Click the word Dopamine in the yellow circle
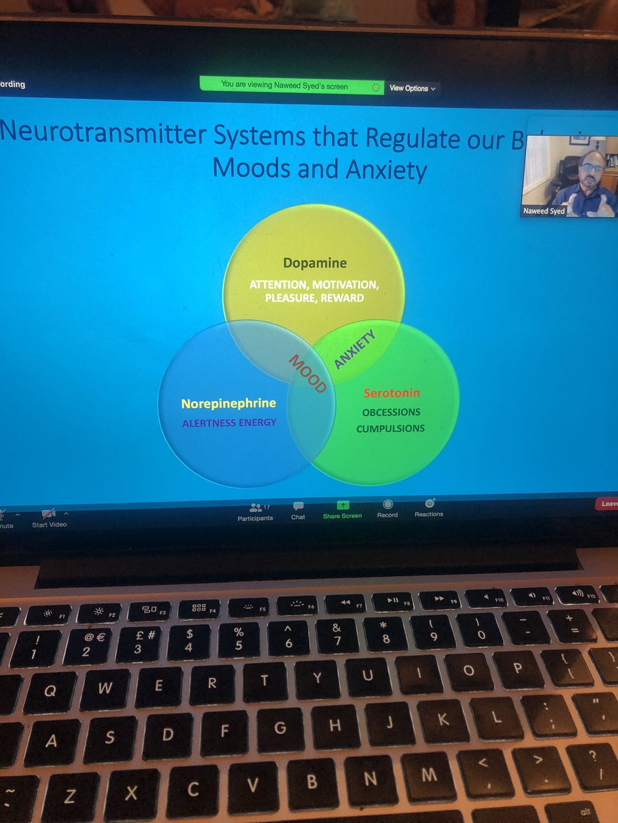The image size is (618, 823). click(x=315, y=263)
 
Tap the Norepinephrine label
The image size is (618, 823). click(x=228, y=403)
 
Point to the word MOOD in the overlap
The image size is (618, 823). click(x=307, y=373)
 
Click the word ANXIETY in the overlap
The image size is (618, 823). click(x=356, y=350)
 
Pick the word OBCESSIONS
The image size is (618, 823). click(x=391, y=412)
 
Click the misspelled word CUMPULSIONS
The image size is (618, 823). click(x=390, y=429)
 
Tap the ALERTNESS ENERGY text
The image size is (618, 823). click(x=229, y=422)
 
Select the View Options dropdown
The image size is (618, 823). click(x=412, y=88)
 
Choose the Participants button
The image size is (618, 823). click(x=255, y=511)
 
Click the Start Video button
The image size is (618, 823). click(x=49, y=517)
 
